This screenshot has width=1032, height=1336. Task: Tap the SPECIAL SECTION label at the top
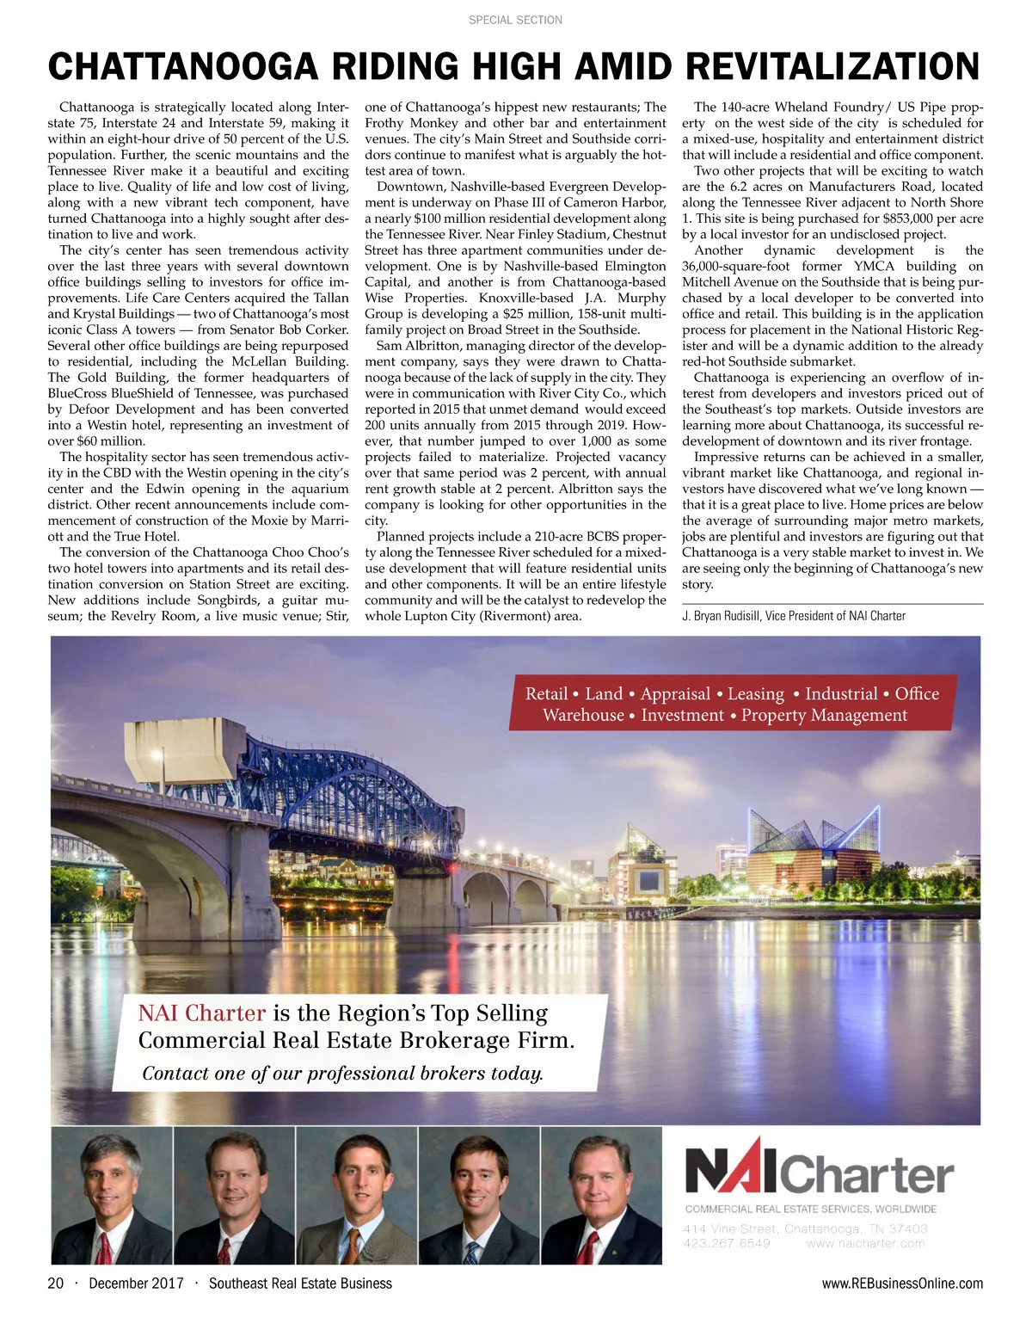click(515, 20)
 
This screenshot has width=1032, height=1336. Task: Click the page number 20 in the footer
click(56, 1284)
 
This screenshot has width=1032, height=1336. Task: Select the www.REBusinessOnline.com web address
click(902, 1284)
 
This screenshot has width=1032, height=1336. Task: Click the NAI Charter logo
click(819, 1167)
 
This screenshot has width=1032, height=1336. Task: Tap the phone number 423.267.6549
click(727, 1243)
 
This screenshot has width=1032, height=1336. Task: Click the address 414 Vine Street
click(731, 1228)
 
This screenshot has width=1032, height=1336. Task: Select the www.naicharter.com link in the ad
click(866, 1243)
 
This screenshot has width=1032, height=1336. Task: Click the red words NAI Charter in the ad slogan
click(202, 1013)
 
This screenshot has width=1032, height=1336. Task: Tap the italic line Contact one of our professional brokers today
click(342, 1074)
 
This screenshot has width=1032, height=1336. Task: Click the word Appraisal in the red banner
click(675, 694)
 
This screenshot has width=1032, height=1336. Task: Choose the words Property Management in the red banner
click(824, 716)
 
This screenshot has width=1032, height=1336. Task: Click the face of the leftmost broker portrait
click(112, 1175)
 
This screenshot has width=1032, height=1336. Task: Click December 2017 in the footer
click(136, 1284)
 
